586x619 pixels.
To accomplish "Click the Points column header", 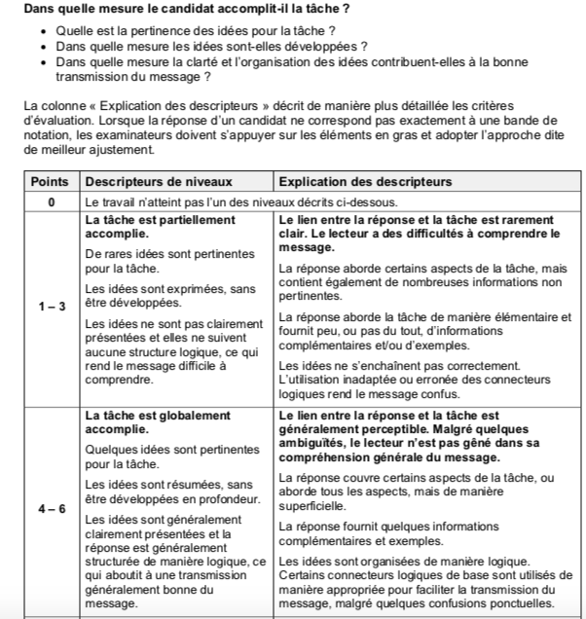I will pyautogui.click(x=51, y=182).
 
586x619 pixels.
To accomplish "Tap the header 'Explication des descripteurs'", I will pyautogui.click(x=365, y=182).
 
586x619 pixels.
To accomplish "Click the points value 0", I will pyautogui.click(x=51, y=201).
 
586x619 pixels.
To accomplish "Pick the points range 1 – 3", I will pyautogui.click(x=51, y=306).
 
